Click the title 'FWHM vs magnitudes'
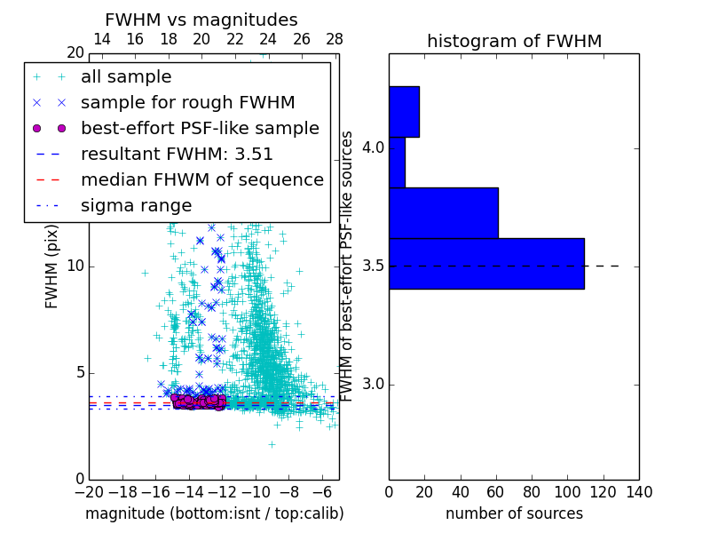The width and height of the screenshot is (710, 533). [201, 20]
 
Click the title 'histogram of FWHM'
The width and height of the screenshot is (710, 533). [514, 41]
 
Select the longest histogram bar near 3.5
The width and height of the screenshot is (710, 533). [486, 264]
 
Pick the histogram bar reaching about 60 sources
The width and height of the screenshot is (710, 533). [443, 213]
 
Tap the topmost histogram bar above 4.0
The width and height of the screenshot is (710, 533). [404, 111]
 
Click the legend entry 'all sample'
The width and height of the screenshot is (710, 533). [126, 77]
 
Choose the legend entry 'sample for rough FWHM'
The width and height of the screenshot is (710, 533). [187, 103]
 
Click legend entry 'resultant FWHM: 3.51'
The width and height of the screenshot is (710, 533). [177, 154]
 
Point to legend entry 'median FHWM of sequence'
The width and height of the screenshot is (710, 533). [201, 179]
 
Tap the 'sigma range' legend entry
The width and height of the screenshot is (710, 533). [136, 205]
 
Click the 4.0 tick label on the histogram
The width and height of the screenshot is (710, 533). [373, 147]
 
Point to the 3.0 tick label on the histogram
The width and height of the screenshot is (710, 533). [373, 384]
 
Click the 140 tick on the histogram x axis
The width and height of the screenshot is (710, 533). [639, 492]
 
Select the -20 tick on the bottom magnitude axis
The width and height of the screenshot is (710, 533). [89, 492]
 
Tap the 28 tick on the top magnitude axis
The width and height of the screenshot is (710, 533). [335, 39]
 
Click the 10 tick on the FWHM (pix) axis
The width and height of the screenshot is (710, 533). [75, 266]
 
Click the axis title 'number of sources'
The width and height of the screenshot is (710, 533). [514, 513]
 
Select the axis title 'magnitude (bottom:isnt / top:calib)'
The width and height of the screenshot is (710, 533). [214, 513]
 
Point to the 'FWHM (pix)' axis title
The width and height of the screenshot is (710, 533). [52, 266]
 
